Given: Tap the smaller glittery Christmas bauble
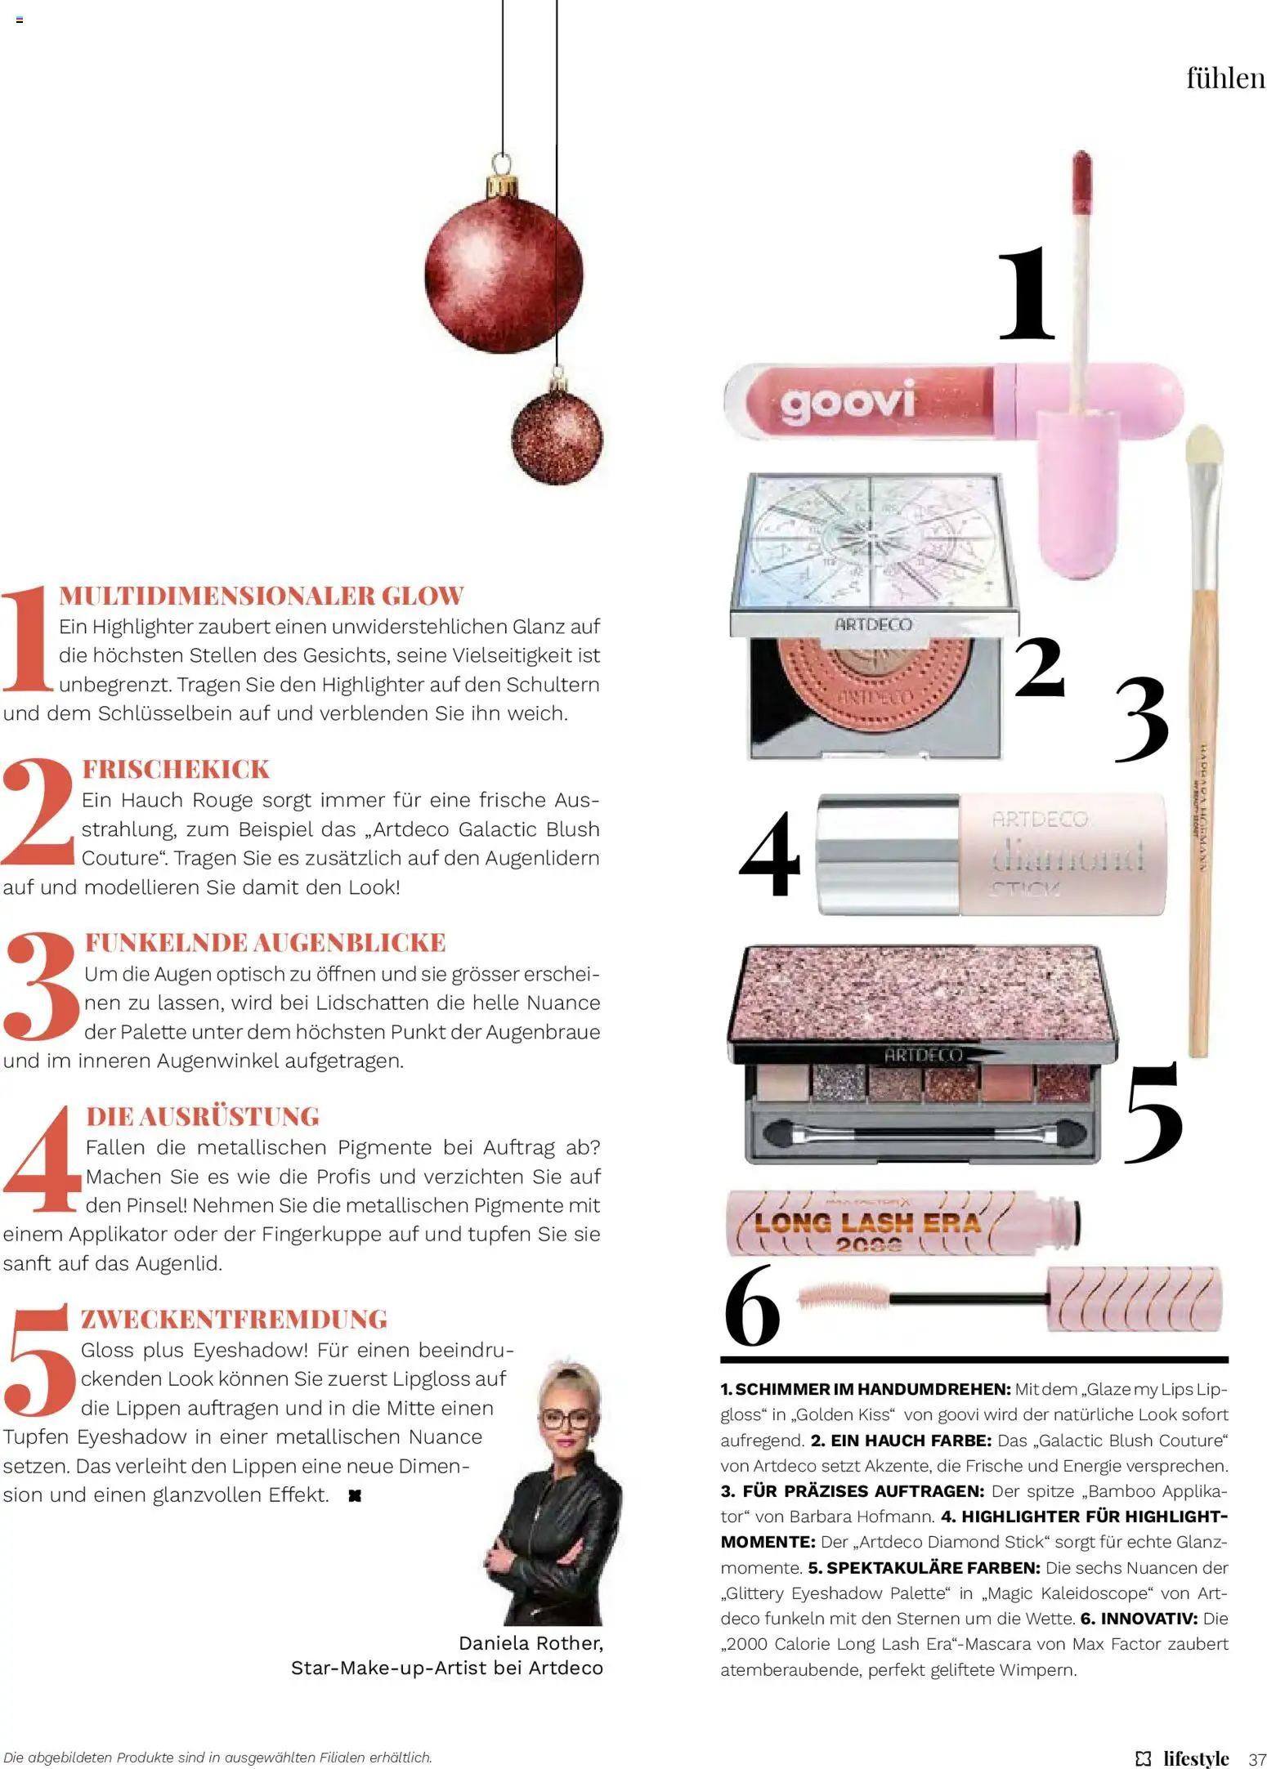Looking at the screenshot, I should pos(557,436).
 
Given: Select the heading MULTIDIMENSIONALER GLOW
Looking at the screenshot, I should pos(262,596).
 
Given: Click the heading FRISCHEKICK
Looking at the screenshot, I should pos(176,769).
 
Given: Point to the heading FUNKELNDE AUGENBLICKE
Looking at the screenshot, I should pos(266,942).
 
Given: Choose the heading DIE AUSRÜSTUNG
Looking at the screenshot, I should pos(203,1116).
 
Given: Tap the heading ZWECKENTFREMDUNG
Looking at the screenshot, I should pos(234,1319).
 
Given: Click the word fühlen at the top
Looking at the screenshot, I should pos(1225,78).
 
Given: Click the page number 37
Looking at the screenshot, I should pos(1257,1758).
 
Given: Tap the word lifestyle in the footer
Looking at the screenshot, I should pos(1196,1758).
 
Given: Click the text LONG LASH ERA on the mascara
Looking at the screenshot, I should pos(867,1223).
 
